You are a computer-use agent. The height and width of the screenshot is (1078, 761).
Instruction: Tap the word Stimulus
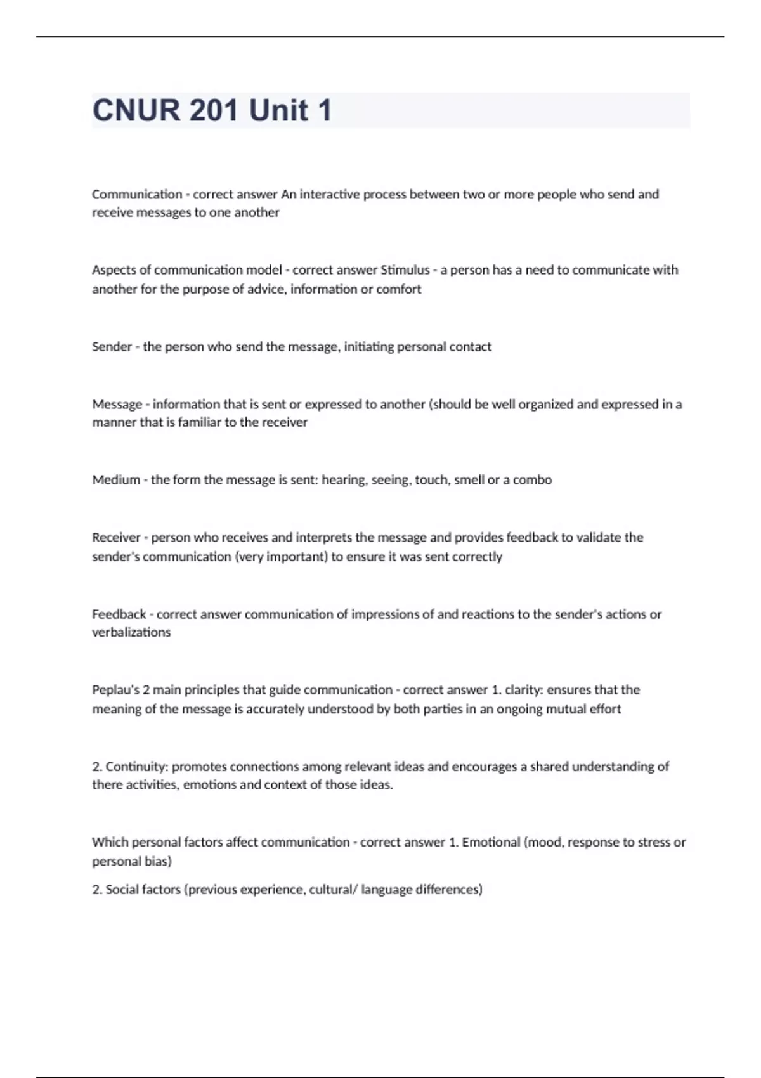405,270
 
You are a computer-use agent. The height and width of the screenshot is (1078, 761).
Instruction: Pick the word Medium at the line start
116,480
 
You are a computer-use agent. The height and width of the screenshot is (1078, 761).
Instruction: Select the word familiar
199,422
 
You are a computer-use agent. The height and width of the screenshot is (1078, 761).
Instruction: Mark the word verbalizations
131,632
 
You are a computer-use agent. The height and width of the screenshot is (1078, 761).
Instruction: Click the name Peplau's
116,690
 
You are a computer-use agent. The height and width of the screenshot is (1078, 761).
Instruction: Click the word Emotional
491,843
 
